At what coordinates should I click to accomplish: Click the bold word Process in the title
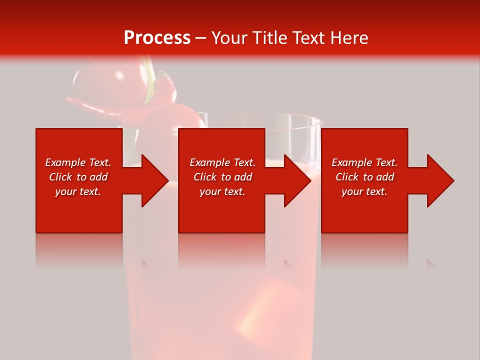(x=157, y=38)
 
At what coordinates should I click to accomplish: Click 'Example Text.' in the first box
(x=78, y=162)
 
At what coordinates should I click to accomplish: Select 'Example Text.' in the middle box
(x=222, y=162)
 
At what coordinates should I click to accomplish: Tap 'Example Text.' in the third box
(x=364, y=162)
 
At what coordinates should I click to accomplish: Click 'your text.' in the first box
(x=78, y=191)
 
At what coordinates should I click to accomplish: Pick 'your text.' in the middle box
(x=222, y=191)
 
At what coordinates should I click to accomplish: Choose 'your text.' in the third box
(x=364, y=191)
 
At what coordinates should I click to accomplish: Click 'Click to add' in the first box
(x=78, y=177)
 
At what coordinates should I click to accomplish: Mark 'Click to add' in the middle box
(x=222, y=177)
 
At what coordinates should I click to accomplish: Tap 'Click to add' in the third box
(x=364, y=177)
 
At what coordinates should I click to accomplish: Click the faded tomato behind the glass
(x=97, y=80)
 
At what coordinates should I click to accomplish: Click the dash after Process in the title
(x=200, y=38)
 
